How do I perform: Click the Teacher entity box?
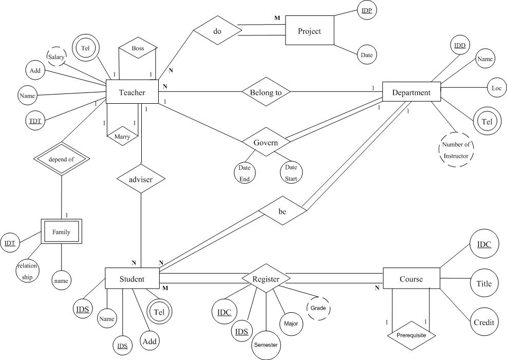132,92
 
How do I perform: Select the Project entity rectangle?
309,31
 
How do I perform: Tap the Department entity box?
411,92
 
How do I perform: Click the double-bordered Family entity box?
61,232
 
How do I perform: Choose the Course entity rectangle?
411,279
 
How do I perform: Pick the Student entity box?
132,279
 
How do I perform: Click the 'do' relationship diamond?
217,31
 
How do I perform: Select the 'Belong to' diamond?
266,92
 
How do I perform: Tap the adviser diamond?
141,180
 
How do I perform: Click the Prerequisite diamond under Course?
411,335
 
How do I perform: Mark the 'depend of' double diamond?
62,159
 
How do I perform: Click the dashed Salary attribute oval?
57,57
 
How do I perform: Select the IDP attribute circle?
367,11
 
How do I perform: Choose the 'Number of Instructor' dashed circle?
456,149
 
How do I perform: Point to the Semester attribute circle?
266,345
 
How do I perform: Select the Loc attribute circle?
496,88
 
